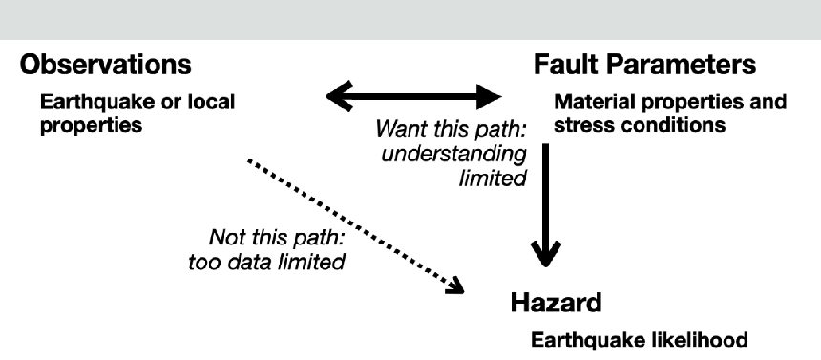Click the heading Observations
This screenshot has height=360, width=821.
[x=105, y=64]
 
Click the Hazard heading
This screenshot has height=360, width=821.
[x=556, y=303]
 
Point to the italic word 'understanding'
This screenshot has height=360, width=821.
[x=454, y=155]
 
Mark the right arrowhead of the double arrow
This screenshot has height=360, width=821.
[x=489, y=96]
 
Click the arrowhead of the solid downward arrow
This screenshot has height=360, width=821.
[x=546, y=254]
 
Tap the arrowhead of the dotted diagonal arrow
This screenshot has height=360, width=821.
[x=454, y=286]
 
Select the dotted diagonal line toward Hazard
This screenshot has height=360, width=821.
[x=355, y=225]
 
